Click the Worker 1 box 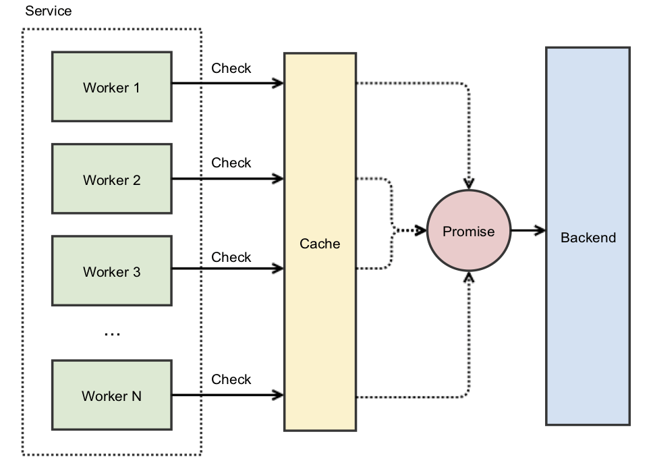111,87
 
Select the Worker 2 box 111,180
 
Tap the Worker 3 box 111,272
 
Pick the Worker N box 111,396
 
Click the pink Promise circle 468,231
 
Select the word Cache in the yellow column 320,244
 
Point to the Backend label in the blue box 588,238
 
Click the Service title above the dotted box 49,11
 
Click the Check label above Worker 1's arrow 231,68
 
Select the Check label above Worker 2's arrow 231,163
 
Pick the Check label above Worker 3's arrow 231,257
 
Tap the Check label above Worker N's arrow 231,379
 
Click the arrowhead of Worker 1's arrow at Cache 278,84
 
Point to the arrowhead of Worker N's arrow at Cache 278,394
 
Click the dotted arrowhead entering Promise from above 469,184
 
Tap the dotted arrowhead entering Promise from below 469,277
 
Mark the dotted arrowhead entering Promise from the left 421,231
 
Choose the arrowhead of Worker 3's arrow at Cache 278,269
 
